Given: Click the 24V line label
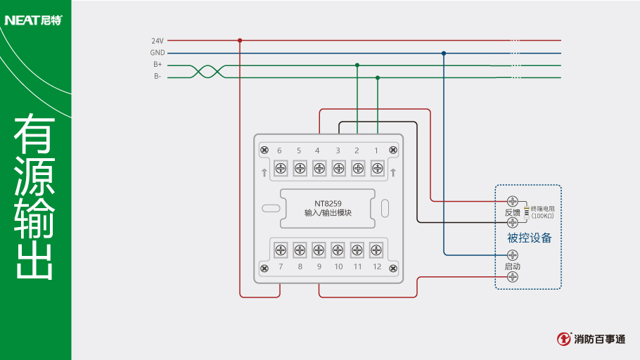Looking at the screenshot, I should point(158,41).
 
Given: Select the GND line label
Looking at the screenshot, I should point(158,53).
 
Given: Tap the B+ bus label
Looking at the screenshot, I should point(158,65).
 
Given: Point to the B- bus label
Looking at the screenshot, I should point(158,77).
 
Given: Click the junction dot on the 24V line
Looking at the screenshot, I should point(240,40).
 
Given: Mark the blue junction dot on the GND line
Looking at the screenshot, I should point(444,53).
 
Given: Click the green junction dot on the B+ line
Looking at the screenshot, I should point(357,65).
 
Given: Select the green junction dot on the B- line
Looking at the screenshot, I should point(378,77).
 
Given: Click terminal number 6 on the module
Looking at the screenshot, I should point(279,150).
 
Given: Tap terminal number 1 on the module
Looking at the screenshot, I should point(376,150).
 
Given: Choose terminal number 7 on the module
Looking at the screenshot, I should point(280,267).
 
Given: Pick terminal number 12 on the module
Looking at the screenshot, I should point(377,267).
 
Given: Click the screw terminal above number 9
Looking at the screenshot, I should point(319,250).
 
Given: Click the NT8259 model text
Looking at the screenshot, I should point(328,203).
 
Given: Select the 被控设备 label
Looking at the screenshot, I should point(530,238).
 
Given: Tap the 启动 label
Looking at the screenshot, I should point(512,266).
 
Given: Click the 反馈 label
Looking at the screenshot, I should point(512,212).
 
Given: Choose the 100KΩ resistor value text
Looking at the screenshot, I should point(542,216).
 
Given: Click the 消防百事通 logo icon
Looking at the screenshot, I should point(564,339).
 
